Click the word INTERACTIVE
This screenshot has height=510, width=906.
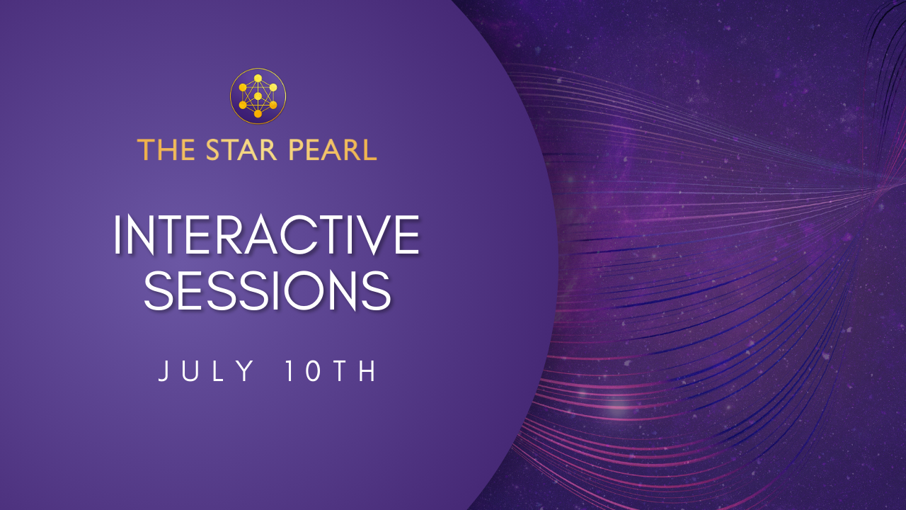pos(266,236)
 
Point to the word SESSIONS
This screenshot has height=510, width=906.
pos(268,291)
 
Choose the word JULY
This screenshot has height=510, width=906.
pos(206,372)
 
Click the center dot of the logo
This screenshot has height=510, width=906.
pos(258,96)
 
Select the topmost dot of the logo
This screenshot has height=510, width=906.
pos(258,78)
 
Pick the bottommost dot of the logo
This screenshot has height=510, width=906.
pos(258,114)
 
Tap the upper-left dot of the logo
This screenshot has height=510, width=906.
pos(243,87)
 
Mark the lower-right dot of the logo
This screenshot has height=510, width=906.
pos(273,105)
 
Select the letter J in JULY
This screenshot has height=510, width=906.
pos(164,373)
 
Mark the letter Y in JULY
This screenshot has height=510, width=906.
pos(248,372)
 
